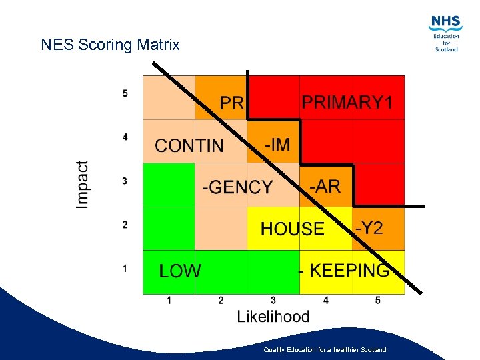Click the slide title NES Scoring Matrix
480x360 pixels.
pos(110,45)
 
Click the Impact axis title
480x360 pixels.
pos(83,184)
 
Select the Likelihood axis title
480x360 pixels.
pos(273,316)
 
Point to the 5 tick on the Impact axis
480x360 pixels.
pos(125,93)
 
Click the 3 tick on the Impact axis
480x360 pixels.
pos(125,181)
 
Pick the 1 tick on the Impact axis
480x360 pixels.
pos(125,268)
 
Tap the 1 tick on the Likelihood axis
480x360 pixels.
pos(169,301)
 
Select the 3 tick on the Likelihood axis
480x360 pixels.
pos(273,301)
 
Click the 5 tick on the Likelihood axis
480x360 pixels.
pos(378,301)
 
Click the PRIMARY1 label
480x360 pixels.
pos(347,103)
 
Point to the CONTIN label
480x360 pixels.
pos(189,145)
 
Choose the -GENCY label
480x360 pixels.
pos(237,187)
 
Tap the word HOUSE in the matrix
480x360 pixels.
pos(292,229)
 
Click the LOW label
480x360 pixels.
pos(180,271)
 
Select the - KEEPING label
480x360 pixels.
pos(343,271)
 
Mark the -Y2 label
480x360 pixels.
pos(369,228)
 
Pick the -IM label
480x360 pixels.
pos(277,144)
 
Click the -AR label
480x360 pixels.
pos(325,186)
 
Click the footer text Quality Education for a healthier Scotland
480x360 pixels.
pos(325,349)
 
